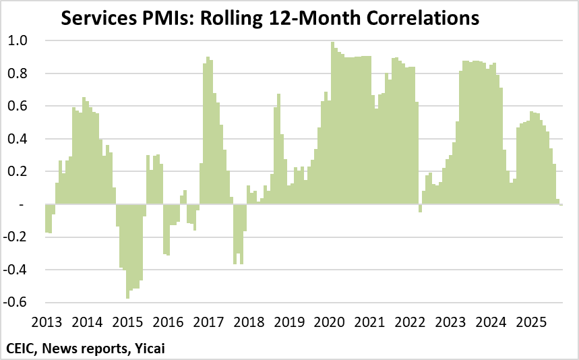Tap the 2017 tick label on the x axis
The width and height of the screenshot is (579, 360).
click(208, 321)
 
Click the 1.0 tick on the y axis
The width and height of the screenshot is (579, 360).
click(18, 40)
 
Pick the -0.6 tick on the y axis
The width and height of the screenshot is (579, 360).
click(15, 303)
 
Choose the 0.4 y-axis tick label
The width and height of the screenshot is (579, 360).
click(18, 139)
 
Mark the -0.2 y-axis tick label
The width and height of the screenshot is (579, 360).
click(15, 237)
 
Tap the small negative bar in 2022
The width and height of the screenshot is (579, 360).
click(420, 208)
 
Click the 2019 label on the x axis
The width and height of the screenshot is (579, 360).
click(290, 321)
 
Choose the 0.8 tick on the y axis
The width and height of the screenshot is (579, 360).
click(18, 73)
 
